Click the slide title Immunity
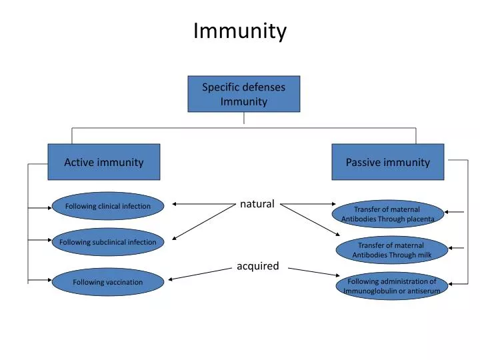coord(240,31)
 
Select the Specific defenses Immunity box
coord(243,94)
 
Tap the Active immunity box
coord(103,162)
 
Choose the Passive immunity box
coord(387,162)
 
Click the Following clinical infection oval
coord(107,206)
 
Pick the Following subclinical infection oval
coord(107,242)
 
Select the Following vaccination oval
coord(107,282)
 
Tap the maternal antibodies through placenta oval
coord(388,213)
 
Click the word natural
coord(257,204)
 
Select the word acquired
coord(257,266)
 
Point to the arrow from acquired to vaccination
coord(200,274)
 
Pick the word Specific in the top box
coord(221,87)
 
